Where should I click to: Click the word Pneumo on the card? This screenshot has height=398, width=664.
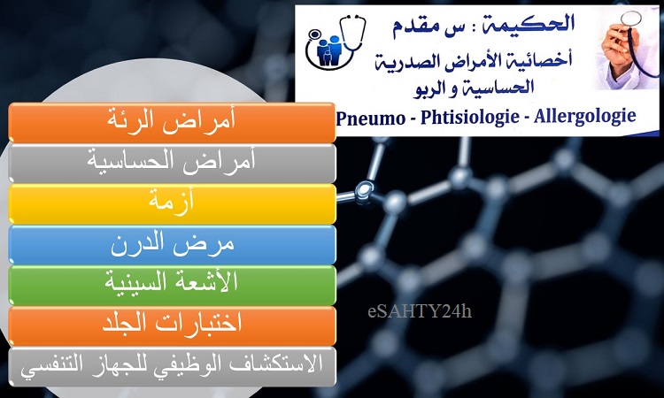pos(371,118)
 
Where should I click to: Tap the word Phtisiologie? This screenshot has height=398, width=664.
pos(469,117)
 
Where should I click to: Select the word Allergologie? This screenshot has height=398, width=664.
pos(585,117)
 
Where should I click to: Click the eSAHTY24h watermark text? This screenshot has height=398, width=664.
pos(420,311)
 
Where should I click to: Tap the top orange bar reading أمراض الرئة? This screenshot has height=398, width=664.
pos(172,122)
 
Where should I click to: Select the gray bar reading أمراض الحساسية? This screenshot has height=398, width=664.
pos(172,164)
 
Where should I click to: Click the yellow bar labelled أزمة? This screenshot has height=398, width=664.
pos(172,203)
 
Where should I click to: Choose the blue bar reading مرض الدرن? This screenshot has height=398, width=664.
pos(172,245)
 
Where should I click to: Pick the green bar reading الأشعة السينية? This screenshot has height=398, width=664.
pos(172,286)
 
